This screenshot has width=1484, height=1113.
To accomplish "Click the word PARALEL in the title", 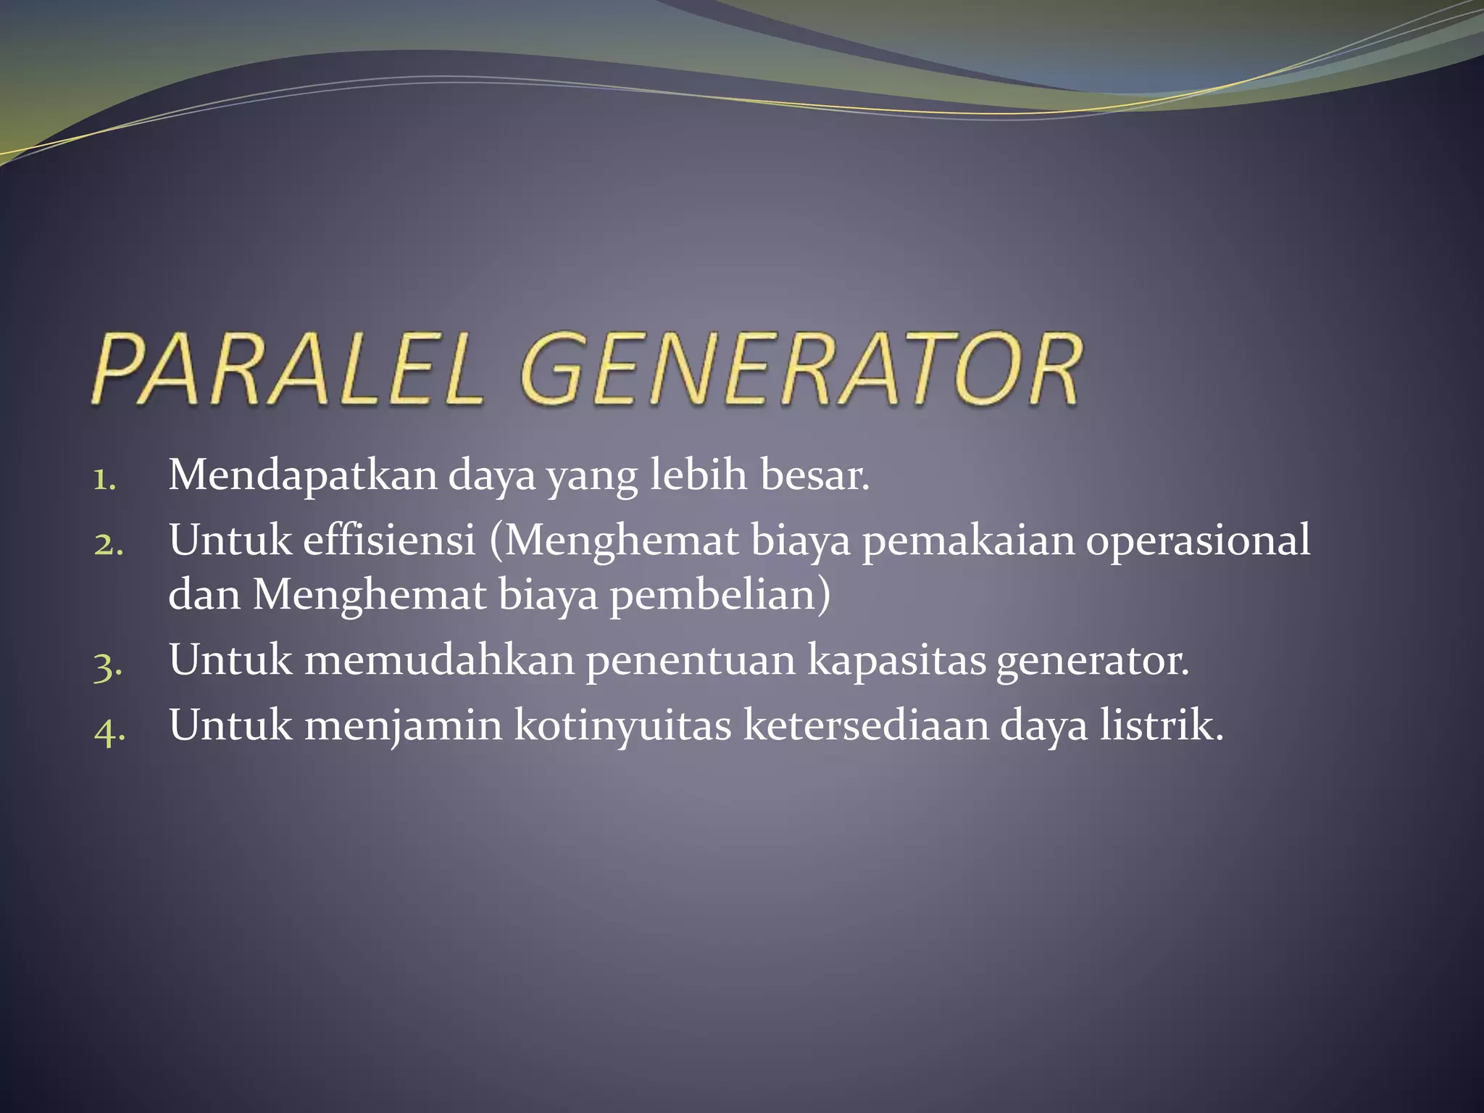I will tap(287, 369).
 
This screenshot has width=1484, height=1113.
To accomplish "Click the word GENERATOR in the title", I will tap(801, 369).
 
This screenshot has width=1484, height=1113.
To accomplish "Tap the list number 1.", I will tap(105, 480).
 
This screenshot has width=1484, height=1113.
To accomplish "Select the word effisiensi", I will tap(390, 541).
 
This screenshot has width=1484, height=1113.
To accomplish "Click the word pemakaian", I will tap(967, 541).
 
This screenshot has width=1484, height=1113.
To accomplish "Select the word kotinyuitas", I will tap(622, 725).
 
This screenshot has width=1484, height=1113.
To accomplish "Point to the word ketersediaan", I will tap(866, 725).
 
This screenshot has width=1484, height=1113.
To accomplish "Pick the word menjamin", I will tap(403, 725).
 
